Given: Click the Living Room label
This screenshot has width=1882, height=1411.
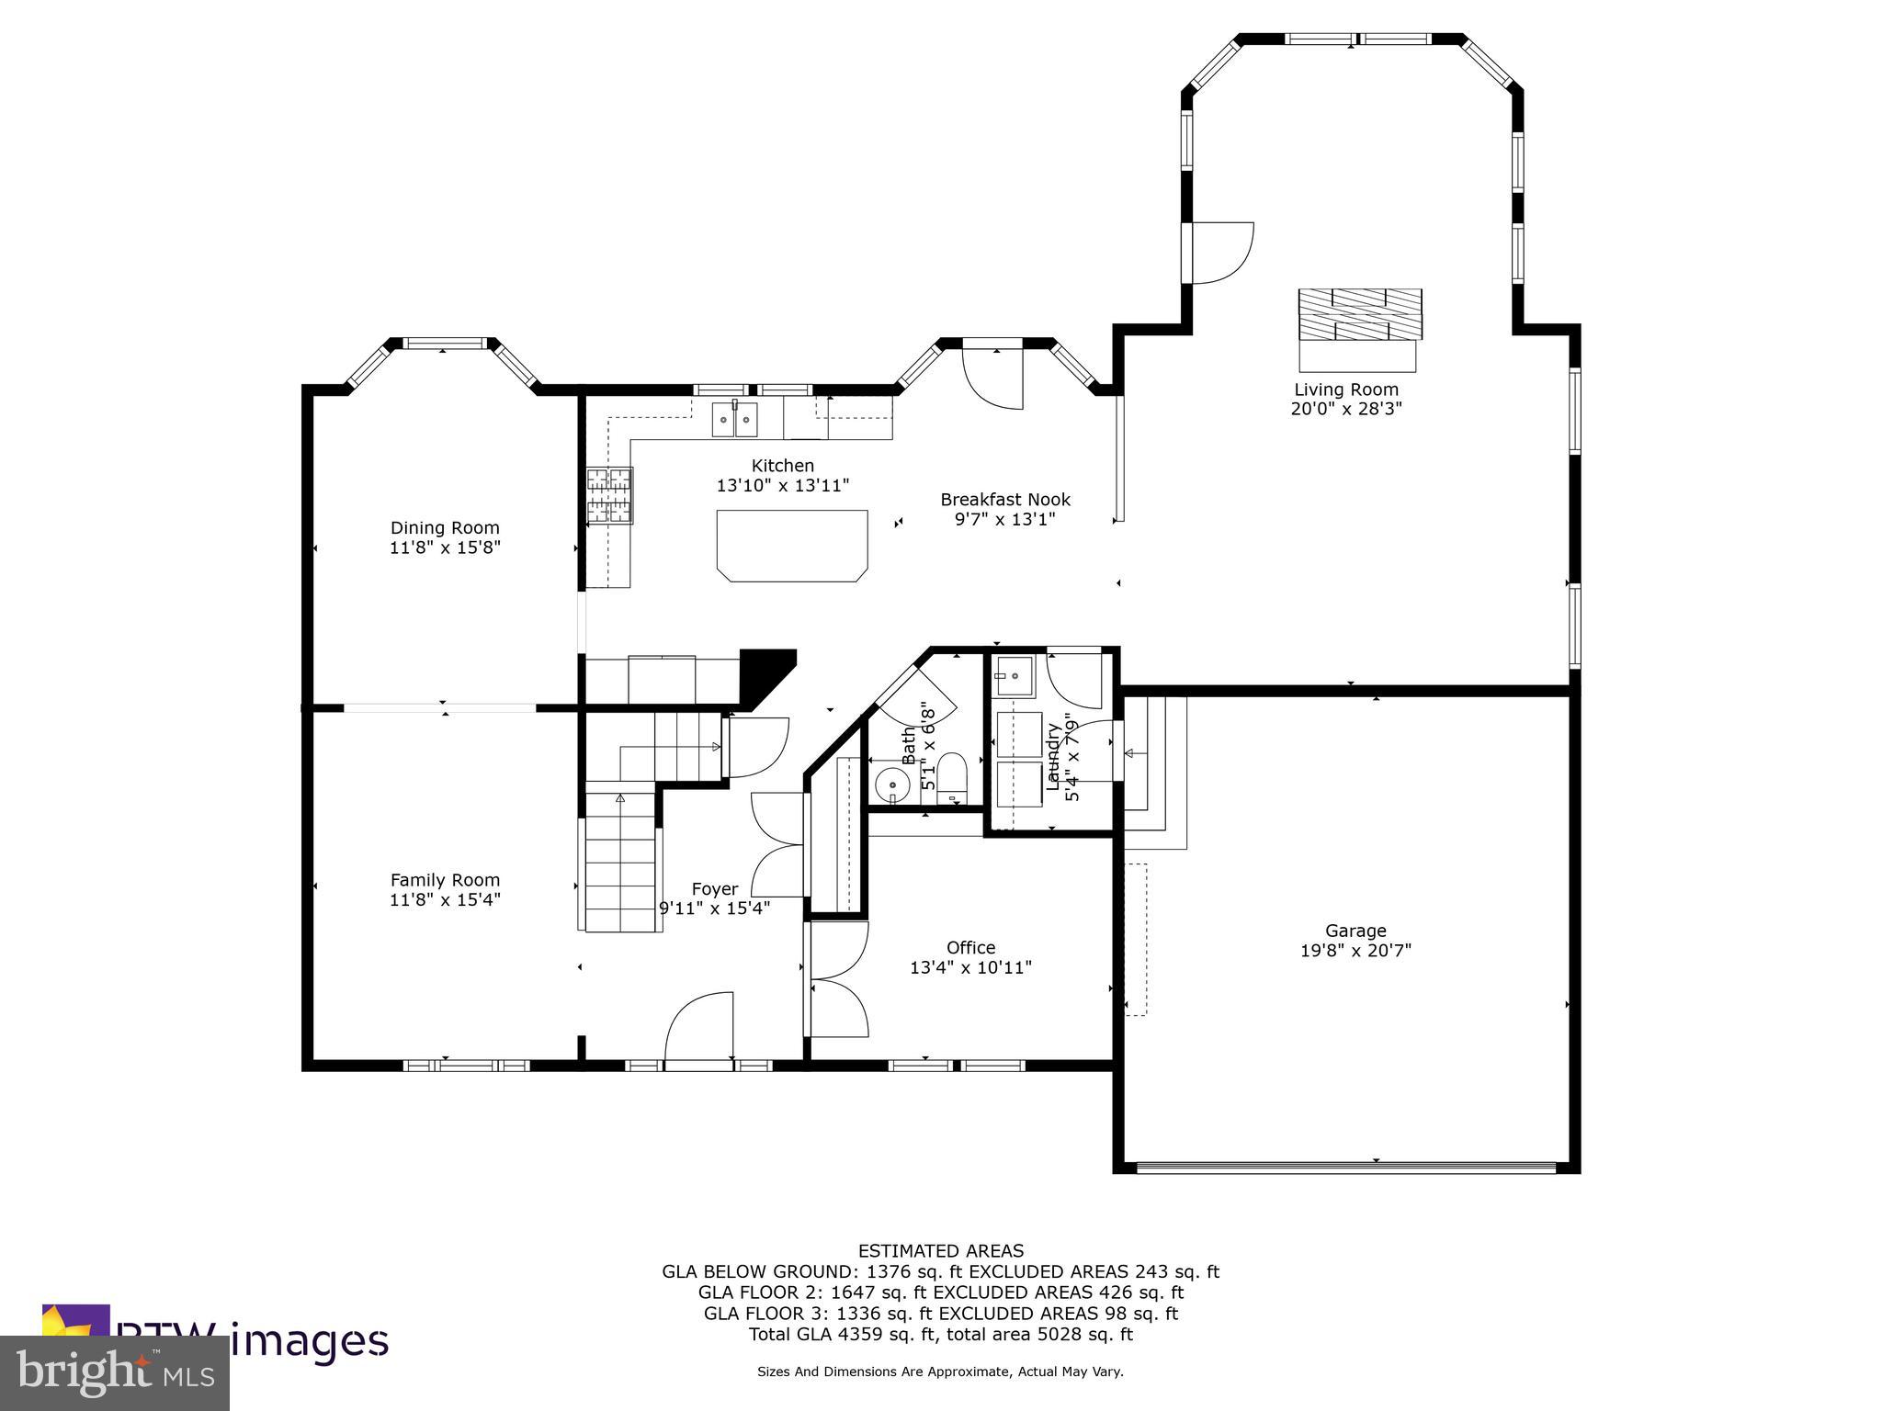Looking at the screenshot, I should click(1346, 389).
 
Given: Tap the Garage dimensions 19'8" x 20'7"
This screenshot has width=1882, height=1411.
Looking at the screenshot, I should click(1355, 951).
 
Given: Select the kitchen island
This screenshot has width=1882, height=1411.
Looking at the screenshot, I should click(792, 545).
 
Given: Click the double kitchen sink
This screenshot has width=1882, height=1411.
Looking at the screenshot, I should click(734, 422).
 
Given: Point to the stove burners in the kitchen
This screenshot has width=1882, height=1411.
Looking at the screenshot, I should click(610, 495).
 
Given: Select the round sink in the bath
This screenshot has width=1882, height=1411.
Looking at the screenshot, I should click(891, 785).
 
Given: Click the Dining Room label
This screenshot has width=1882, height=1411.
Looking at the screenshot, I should click(445, 527).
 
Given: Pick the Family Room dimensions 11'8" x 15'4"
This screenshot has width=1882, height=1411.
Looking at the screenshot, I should click(445, 899).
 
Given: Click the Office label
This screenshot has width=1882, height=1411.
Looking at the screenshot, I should click(970, 947).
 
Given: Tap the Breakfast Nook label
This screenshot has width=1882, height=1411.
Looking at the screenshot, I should click(1005, 500).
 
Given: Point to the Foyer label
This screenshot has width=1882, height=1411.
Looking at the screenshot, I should click(714, 888).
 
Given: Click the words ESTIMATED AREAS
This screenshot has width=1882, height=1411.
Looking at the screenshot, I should click(940, 1250).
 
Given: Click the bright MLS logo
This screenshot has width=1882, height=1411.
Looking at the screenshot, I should click(114, 1372).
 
